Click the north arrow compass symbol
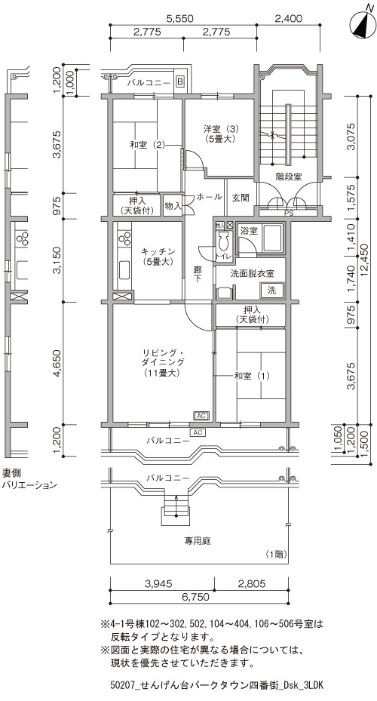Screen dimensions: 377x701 [x=363, y=25]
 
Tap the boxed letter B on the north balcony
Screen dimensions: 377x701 [x=179, y=81]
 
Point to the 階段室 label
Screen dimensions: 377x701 [x=289, y=177]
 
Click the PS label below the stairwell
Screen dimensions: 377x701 [x=289, y=214]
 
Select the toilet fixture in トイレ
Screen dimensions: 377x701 [x=223, y=241]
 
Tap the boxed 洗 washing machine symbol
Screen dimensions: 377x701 [x=271, y=290]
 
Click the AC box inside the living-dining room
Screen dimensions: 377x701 [x=201, y=416]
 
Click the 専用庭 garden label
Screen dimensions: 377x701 [x=198, y=541]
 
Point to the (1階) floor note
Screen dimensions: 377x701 [x=274, y=555]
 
